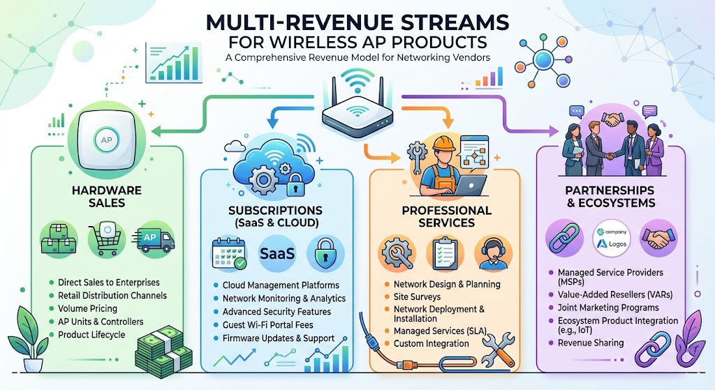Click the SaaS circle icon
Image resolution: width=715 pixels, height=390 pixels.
(277, 253)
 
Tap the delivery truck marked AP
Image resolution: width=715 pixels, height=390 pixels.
(153, 240)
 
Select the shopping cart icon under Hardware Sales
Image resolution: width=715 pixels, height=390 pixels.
(106, 239)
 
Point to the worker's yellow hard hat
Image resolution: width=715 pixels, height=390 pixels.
(443, 144)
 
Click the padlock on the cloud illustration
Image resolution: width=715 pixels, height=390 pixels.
(296, 184)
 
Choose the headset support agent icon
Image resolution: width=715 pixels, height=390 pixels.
(493, 254)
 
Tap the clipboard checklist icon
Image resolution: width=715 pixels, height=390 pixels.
(445, 253)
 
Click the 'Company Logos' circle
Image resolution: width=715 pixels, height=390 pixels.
(612, 239)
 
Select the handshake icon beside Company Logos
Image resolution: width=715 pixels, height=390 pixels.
(658, 238)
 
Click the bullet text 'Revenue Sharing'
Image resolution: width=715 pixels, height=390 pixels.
(591, 343)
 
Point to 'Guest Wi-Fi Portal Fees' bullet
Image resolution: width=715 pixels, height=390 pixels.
(267, 325)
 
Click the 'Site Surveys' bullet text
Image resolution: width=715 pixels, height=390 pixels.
(417, 297)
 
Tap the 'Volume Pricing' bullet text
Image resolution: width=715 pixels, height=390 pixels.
(87, 308)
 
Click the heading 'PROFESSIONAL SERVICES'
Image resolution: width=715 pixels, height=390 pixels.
(446, 216)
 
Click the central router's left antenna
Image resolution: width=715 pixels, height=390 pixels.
(334, 93)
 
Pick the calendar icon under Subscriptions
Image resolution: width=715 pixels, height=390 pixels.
(229, 253)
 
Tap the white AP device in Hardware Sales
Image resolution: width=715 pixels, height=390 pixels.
(106, 140)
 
